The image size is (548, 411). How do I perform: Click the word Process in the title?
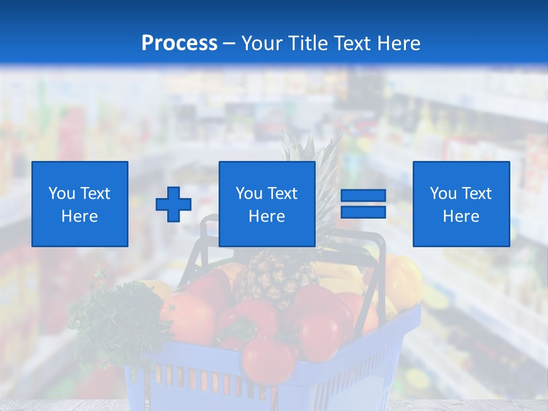179,43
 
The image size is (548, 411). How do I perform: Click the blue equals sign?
363,204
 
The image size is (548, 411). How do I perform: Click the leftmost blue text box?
80,204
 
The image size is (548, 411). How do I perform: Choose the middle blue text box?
267,204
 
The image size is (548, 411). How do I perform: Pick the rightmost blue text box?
461,204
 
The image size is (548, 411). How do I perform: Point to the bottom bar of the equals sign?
363,212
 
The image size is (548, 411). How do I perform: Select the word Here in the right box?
461,216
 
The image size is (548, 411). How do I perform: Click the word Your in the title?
261,43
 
